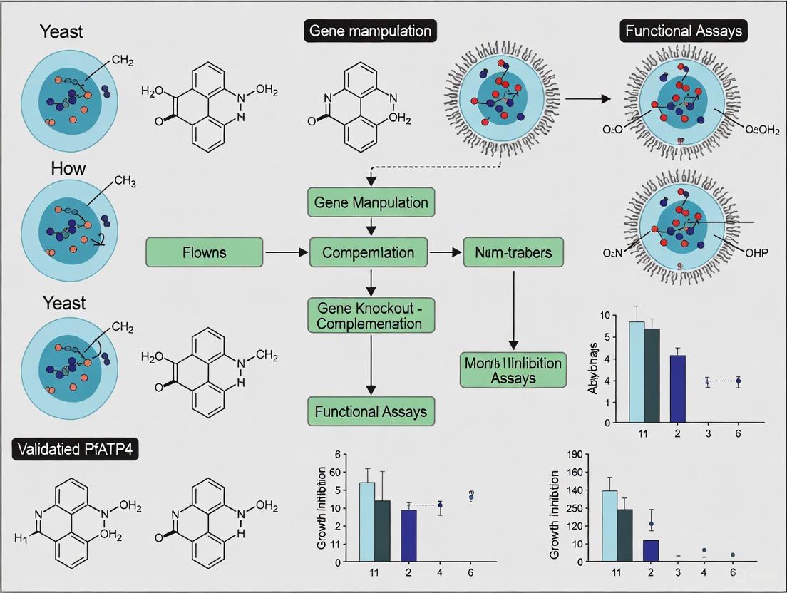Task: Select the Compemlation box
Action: click(369, 252)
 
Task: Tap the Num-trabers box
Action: click(513, 252)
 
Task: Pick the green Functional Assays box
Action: click(370, 411)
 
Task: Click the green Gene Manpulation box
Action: click(370, 202)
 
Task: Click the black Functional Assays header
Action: click(683, 31)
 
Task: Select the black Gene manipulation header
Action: click(370, 31)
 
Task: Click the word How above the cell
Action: click(68, 168)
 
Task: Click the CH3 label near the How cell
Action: click(124, 181)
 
